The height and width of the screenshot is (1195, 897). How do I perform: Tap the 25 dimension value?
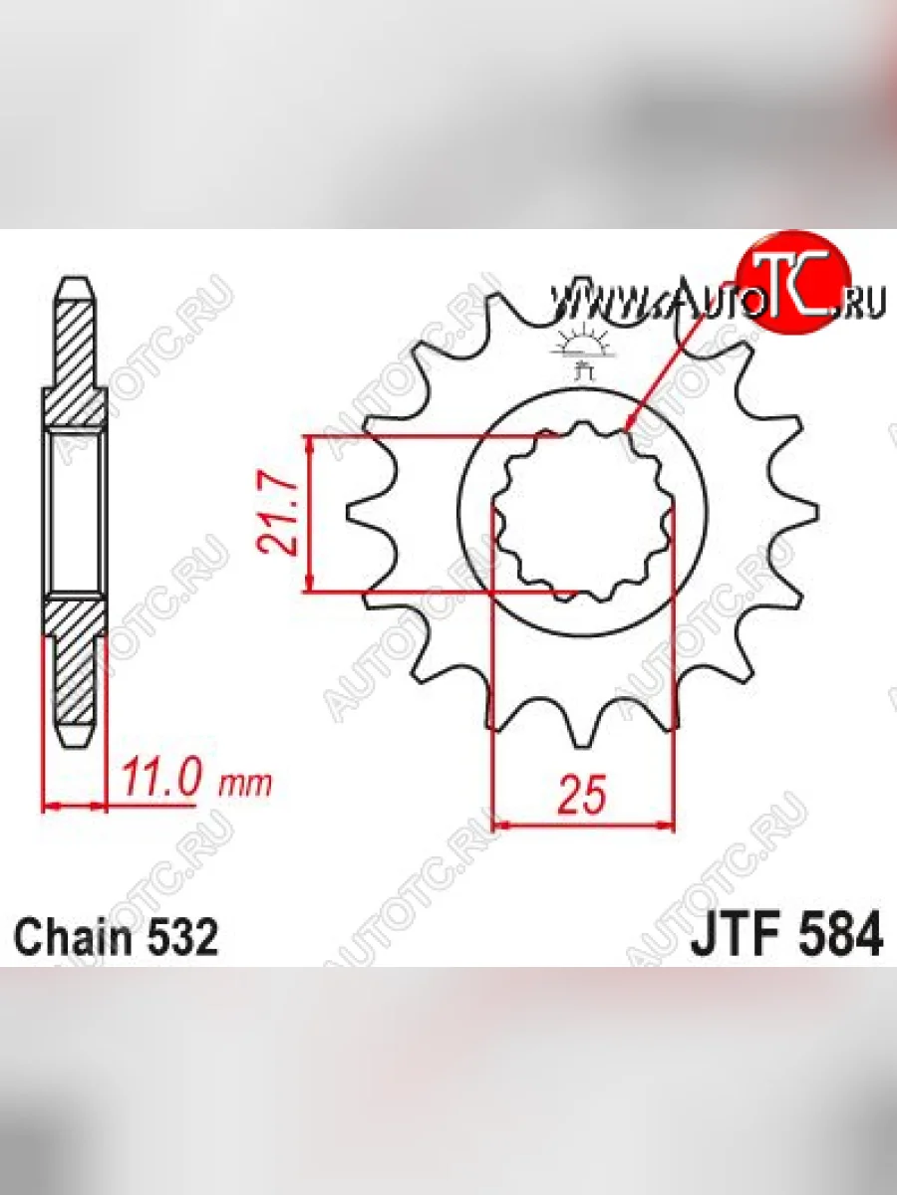581,795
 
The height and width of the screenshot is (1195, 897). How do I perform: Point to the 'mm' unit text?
244,784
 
